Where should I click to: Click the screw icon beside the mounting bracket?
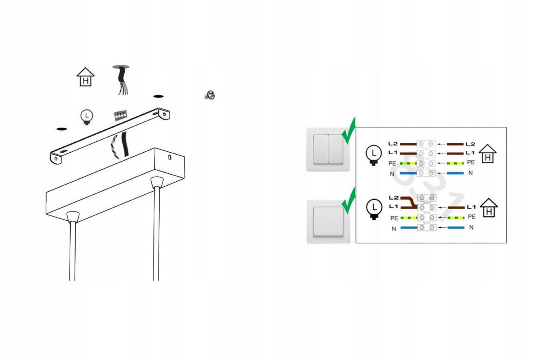point(210,95)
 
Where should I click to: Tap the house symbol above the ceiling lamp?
point(85,77)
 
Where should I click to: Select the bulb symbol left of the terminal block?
point(86,117)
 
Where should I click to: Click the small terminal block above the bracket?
point(120,116)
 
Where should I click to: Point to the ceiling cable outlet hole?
point(121,67)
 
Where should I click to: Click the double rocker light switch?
point(328,149)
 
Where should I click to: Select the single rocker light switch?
point(328,221)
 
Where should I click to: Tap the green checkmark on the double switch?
point(349,131)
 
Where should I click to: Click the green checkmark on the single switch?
point(349,201)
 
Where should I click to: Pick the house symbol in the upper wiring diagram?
point(488,154)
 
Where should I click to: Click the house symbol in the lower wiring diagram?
point(489,208)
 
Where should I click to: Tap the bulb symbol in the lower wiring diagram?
point(374,209)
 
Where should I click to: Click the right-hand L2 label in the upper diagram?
point(470,144)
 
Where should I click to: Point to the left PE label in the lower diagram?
point(394,218)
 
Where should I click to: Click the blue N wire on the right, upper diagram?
point(455,173)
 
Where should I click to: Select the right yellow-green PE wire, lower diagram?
point(456,218)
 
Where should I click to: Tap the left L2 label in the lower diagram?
point(393,198)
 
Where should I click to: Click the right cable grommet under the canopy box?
point(157,182)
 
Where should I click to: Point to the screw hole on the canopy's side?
point(170,157)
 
